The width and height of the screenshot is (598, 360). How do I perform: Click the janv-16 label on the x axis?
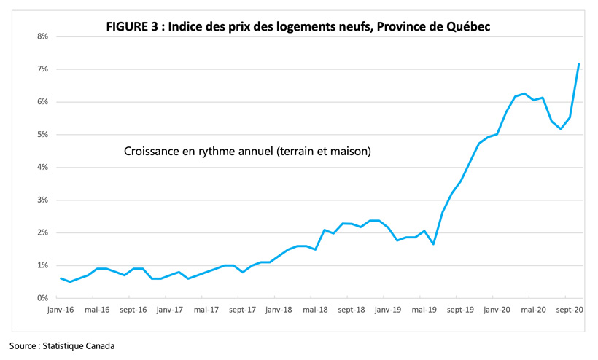pos(61,309)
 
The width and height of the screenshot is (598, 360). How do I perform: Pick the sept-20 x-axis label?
pos(570,309)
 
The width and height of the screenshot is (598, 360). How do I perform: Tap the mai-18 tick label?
pos(315,309)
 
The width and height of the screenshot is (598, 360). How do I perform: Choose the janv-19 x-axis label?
pos(387,309)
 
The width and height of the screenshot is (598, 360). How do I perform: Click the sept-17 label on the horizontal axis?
pos(242,309)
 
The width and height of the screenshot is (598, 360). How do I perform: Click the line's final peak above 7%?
pos(579,63)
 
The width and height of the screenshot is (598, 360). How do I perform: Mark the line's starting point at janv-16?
pos(61,278)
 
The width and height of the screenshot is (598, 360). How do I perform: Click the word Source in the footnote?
pos(24,345)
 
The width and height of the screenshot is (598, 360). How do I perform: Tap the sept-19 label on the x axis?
pos(460,309)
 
